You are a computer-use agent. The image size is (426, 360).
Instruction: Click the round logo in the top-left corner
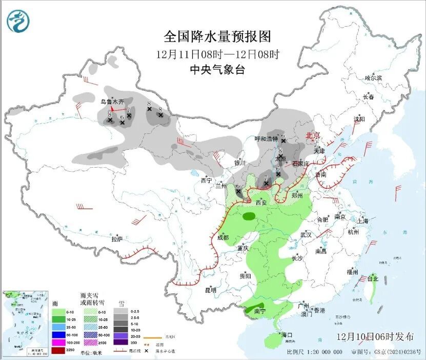pyautogui.click(x=18, y=21)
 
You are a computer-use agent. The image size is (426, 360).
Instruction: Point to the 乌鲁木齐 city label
pyautogui.click(x=112, y=102)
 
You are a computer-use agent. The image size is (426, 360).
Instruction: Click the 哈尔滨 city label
pyautogui.click(x=373, y=78)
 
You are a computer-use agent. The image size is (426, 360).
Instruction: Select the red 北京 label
pyautogui.click(x=312, y=135)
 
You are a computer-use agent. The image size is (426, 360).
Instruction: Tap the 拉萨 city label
pyautogui.click(x=117, y=238)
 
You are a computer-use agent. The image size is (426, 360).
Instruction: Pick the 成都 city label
pyautogui.click(x=222, y=237)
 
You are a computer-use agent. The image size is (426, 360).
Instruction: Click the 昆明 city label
pyautogui.click(x=211, y=290)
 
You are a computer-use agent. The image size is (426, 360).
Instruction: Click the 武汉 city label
pyautogui.click(x=306, y=234)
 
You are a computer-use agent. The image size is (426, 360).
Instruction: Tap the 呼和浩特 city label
pyautogui.click(x=267, y=139)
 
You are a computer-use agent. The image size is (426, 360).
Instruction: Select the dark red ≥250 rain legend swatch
pyautogui.click(x=58, y=350)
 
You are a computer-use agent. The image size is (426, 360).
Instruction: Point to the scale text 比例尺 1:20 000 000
pyautogui.click(x=315, y=352)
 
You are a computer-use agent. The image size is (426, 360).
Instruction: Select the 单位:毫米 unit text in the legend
pyautogui.click(x=93, y=351)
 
